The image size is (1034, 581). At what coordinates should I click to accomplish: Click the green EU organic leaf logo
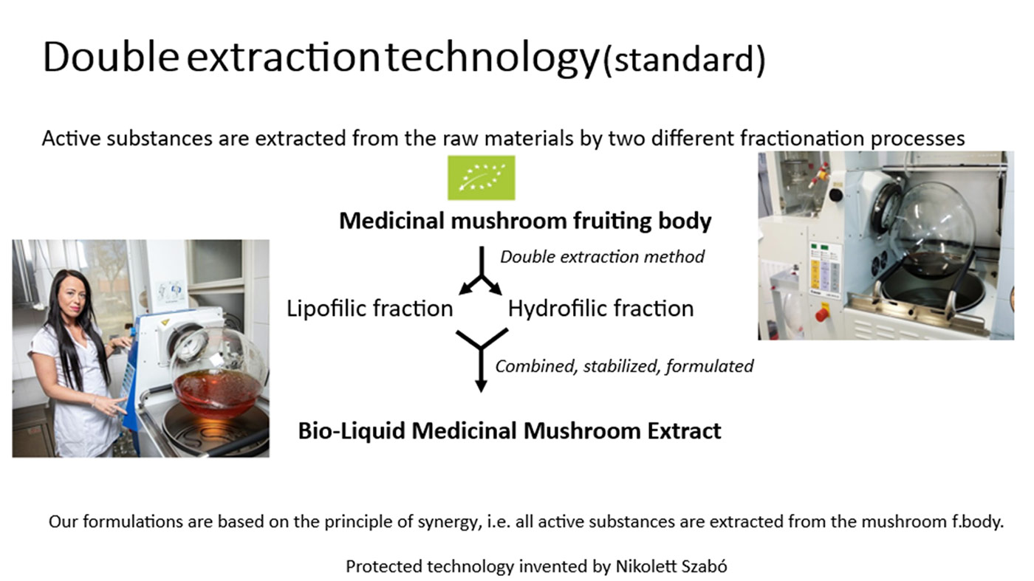click(x=482, y=178)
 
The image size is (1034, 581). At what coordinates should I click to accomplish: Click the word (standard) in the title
click(x=684, y=60)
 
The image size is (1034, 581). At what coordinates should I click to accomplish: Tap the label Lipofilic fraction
click(x=370, y=309)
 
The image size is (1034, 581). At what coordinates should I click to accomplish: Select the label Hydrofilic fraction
click(x=600, y=309)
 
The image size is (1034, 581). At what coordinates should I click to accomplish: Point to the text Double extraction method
click(x=603, y=257)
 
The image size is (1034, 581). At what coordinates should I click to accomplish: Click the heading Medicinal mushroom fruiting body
click(x=525, y=221)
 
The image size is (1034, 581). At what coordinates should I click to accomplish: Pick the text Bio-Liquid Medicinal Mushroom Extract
click(x=510, y=430)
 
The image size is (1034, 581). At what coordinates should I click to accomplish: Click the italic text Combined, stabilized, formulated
click(x=624, y=366)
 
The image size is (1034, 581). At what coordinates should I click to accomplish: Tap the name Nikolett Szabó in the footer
click(x=671, y=565)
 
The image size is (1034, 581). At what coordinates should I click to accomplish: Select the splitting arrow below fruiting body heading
click(x=481, y=276)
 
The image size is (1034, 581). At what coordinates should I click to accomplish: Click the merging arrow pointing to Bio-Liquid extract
click(x=481, y=355)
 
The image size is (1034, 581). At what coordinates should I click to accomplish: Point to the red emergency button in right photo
click(x=821, y=313)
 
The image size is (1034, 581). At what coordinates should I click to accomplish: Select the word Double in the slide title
click(x=111, y=58)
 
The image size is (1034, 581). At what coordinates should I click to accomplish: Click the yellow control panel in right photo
click(x=815, y=275)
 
